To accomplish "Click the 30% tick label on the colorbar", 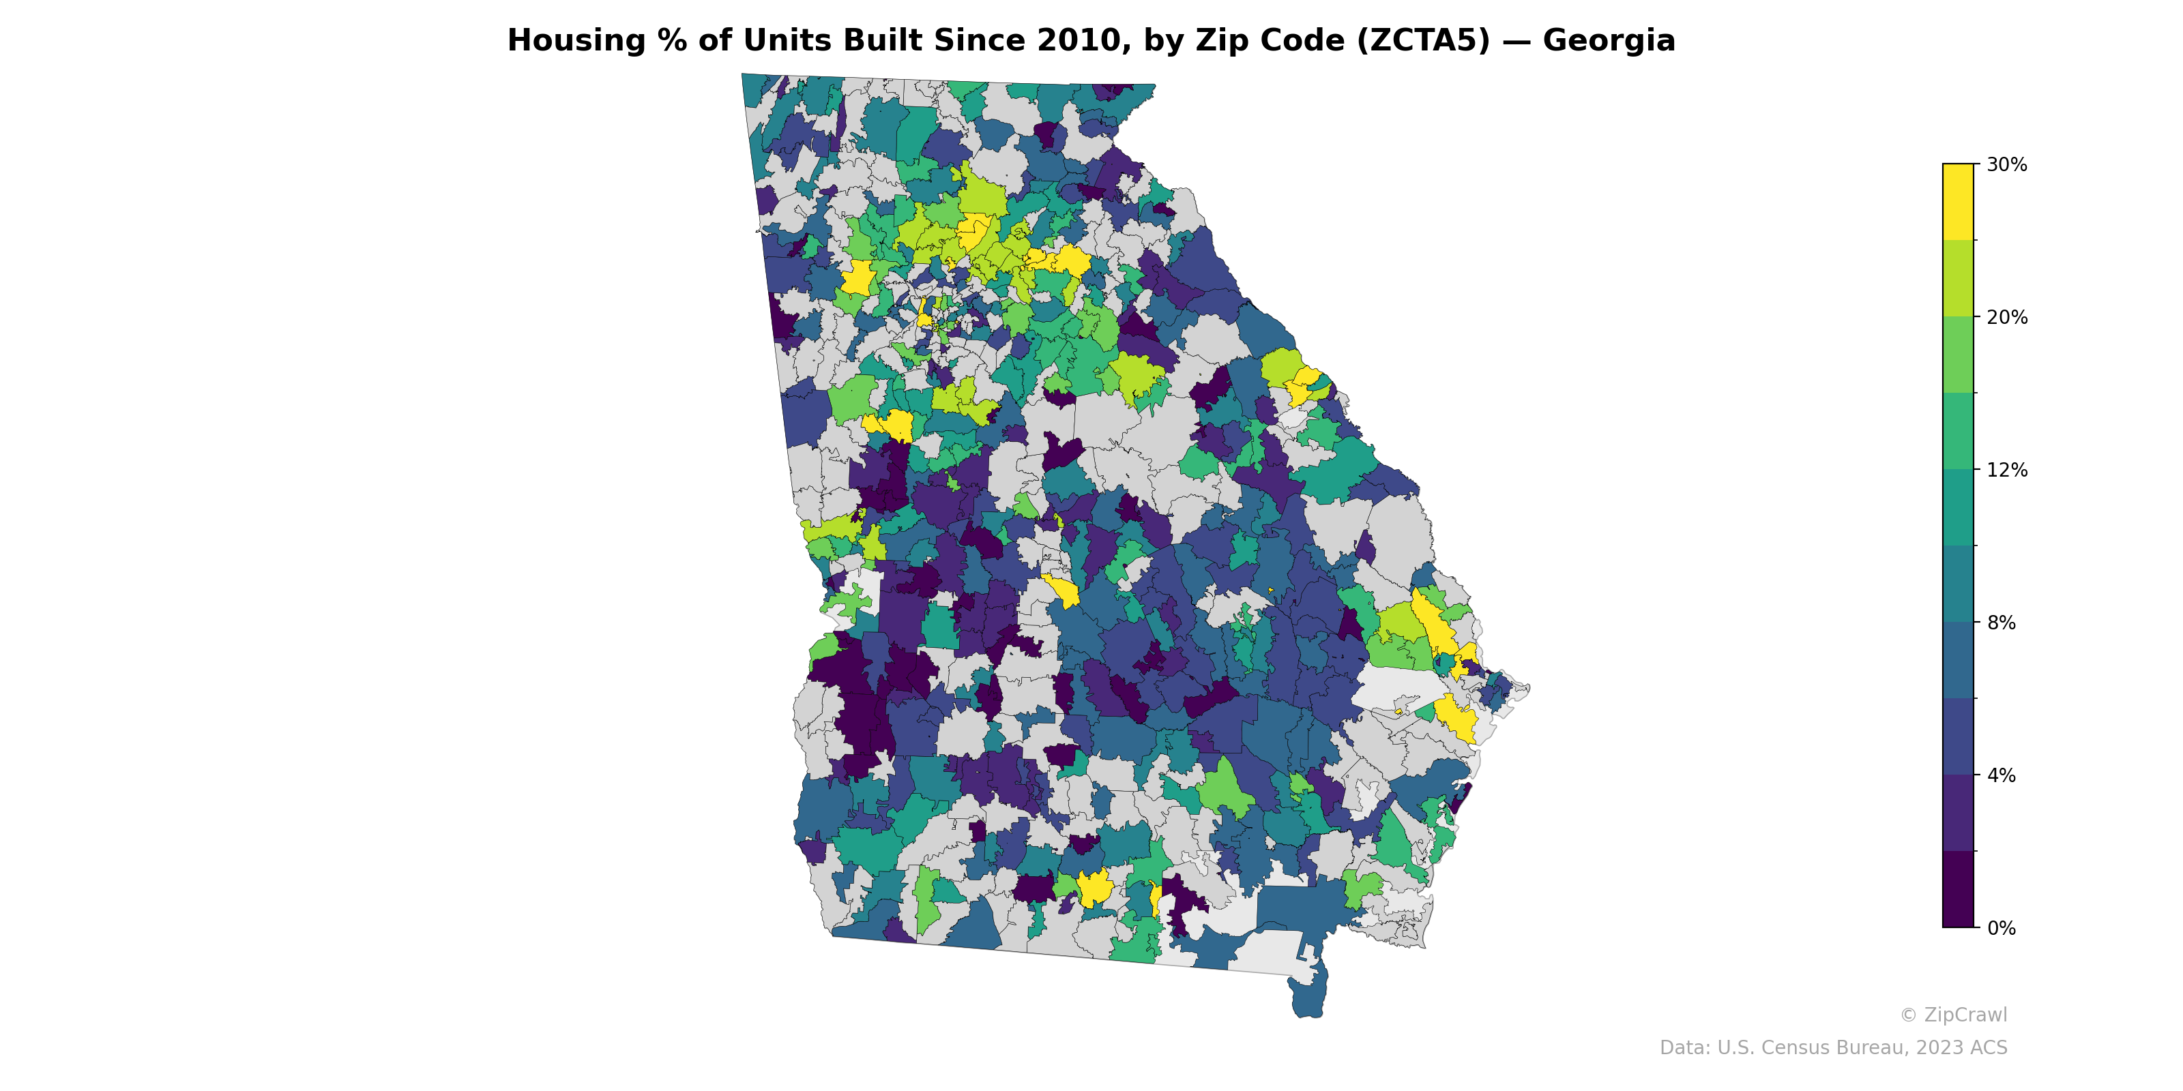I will tap(2006, 165).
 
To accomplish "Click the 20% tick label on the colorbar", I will tap(2006, 318).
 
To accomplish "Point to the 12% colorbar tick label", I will tap(2006, 470).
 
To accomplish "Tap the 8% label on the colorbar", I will tap(2001, 623).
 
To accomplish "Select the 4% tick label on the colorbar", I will tap(2001, 775).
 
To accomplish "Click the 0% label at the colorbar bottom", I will tap(2001, 928).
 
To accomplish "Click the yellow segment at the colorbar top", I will tap(1958, 202).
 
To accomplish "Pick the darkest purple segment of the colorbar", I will tap(1958, 889).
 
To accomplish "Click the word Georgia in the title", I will tap(1609, 41).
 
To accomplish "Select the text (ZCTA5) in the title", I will tap(1423, 41).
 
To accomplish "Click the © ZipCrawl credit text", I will tap(1953, 1015).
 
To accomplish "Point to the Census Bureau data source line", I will tap(1833, 1048).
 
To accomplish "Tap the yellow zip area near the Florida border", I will tap(1095, 887).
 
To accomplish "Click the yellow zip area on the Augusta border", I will tap(1302, 385).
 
